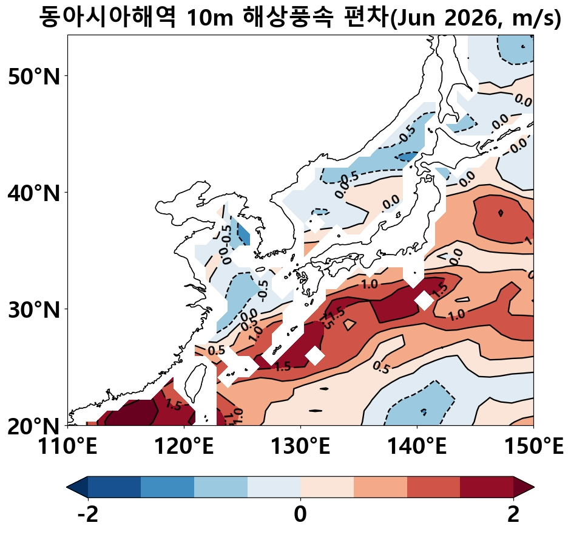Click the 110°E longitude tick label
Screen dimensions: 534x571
click(67, 449)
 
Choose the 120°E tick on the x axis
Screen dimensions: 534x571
click(184, 449)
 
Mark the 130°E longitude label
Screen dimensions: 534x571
click(300, 449)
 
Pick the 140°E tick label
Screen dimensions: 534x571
click(417, 449)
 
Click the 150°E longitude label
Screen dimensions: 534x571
click(533, 449)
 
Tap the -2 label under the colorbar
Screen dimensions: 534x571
click(87, 515)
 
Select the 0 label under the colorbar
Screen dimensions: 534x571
click(300, 515)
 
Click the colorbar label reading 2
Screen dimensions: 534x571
click(513, 515)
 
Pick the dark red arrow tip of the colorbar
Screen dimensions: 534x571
click(525, 487)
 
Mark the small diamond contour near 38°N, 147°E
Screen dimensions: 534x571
click(501, 213)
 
